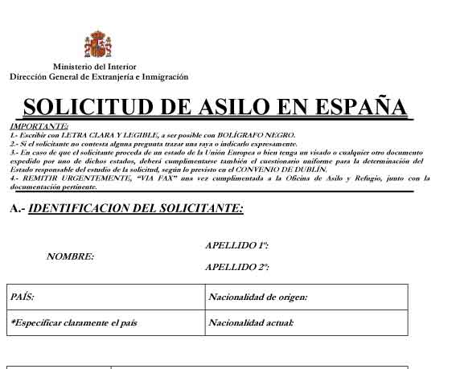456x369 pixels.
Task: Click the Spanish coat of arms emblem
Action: click(97, 44)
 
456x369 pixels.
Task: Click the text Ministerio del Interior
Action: click(95, 67)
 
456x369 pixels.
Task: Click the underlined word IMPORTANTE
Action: click(39, 126)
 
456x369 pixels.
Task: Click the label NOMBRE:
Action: click(71, 256)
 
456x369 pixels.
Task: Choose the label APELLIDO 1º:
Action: click(237, 244)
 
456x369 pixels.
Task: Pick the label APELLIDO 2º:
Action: click(237, 266)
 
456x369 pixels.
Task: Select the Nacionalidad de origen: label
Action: click(258, 297)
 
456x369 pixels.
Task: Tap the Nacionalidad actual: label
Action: click(251, 322)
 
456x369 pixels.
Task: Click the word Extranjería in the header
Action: click(120, 77)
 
